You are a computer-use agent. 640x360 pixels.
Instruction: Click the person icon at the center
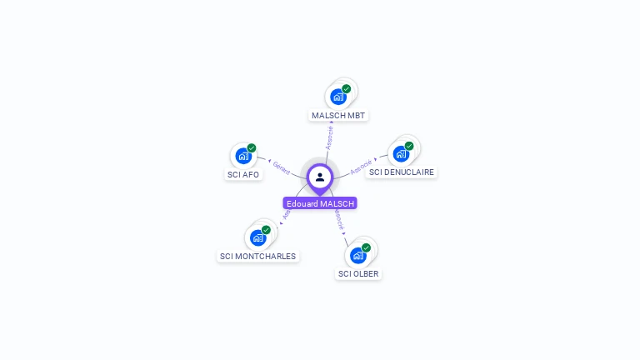[320, 177]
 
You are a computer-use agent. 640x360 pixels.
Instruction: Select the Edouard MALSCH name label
[320, 203]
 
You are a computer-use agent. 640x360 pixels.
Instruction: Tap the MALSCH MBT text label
[338, 115]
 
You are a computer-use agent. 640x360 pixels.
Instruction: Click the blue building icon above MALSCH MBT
[338, 97]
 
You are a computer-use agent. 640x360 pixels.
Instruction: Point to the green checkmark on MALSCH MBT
[347, 88]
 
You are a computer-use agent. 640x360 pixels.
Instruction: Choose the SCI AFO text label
[243, 174]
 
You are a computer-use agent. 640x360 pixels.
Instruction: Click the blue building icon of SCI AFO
[243, 156]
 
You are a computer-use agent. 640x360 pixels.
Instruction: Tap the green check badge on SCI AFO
[252, 147]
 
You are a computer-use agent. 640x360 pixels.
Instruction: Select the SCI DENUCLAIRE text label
[402, 172]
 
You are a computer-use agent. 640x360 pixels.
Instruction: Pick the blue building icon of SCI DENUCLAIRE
[401, 154]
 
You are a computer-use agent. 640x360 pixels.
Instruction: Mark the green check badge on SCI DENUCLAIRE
[409, 146]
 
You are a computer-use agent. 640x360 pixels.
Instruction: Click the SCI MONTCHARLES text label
[257, 256]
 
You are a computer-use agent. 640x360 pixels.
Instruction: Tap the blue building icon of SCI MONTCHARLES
[257, 237]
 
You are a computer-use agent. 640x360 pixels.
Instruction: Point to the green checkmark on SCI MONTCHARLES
[266, 229]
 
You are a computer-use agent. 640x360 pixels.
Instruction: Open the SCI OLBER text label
[359, 273]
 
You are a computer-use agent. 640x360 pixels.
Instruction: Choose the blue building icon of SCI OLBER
[357, 255]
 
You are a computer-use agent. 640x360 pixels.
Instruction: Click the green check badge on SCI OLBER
[366, 247]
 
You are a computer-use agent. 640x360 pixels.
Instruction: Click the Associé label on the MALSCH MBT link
[330, 137]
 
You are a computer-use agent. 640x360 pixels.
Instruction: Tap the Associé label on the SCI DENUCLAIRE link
[361, 166]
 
